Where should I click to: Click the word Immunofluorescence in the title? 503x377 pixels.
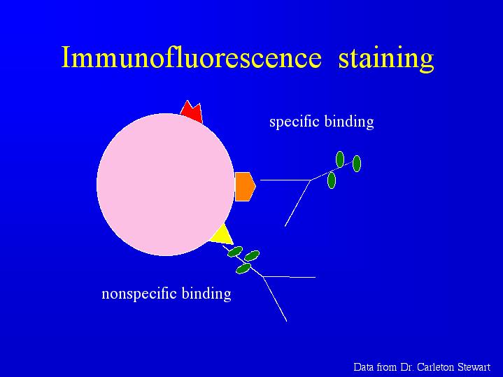pyautogui.click(x=191, y=57)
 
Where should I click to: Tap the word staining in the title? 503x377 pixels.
pyautogui.click(x=386, y=59)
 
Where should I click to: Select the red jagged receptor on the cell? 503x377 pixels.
pyautogui.click(x=192, y=112)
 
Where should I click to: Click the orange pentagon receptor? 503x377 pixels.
pyautogui.click(x=245, y=187)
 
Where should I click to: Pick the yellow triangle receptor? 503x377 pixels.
pyautogui.click(x=222, y=235)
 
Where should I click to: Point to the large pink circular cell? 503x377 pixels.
pyautogui.click(x=166, y=185)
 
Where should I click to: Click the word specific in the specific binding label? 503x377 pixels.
pyautogui.click(x=295, y=122)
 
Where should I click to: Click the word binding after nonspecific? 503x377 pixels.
pyautogui.click(x=206, y=294)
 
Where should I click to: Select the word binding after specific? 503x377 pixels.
pyautogui.click(x=349, y=122)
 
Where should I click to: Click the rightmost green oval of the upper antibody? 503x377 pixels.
pyautogui.click(x=357, y=164)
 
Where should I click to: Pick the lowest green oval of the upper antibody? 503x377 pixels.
pyautogui.click(x=332, y=180)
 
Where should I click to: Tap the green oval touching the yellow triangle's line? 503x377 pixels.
pyautogui.click(x=235, y=252)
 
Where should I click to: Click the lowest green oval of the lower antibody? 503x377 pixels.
pyautogui.click(x=243, y=268)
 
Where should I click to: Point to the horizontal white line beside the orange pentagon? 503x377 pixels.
pyautogui.click(x=285, y=180)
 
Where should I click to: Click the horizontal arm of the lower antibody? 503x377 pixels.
pyautogui.click(x=289, y=276)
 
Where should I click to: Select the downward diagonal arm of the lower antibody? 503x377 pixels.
pyautogui.click(x=275, y=299)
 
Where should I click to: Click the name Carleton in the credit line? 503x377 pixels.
pyautogui.click(x=434, y=367)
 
